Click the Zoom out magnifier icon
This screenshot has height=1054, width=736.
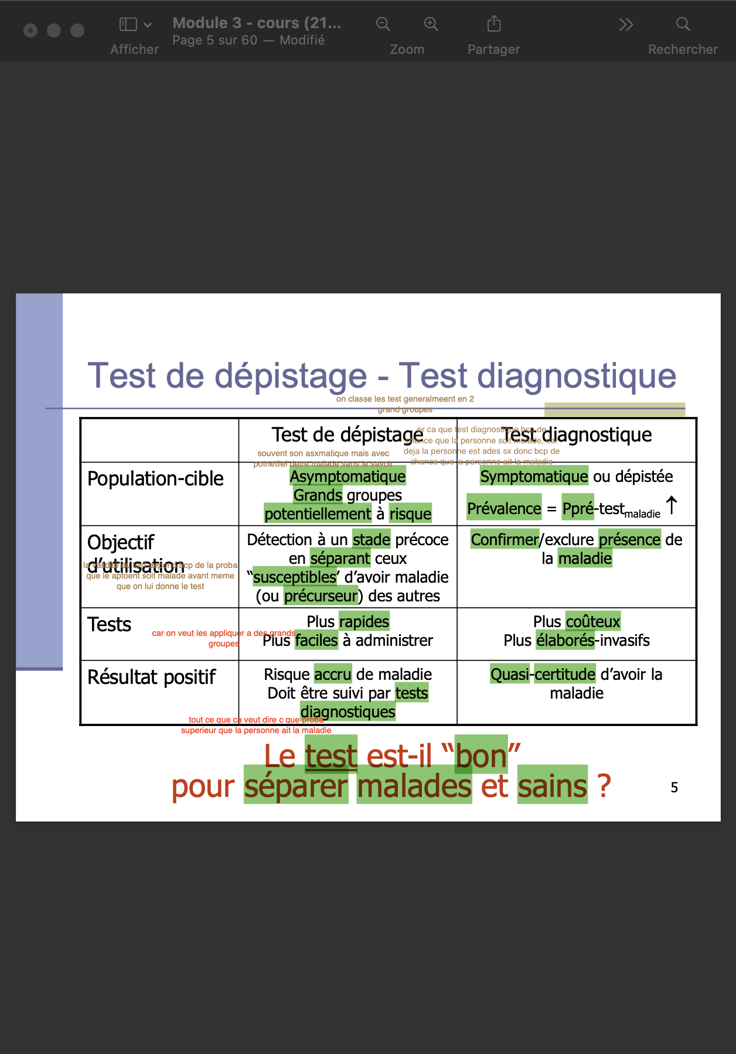pyautogui.click(x=383, y=24)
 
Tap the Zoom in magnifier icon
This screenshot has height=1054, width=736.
pyautogui.click(x=431, y=24)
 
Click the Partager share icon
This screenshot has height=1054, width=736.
pyautogui.click(x=494, y=24)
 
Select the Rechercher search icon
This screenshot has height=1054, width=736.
pyautogui.click(x=683, y=24)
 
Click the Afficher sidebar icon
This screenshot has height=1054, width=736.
pyautogui.click(x=128, y=24)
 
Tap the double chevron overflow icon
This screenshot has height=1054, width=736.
pyautogui.click(x=626, y=25)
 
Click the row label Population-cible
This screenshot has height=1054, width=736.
pyautogui.click(x=155, y=479)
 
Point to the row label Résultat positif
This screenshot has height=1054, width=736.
pyautogui.click(x=151, y=677)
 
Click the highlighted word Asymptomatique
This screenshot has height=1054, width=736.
pyautogui.click(x=347, y=477)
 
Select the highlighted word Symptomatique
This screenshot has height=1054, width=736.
pyautogui.click(x=534, y=477)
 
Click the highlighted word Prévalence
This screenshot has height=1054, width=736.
pyautogui.click(x=504, y=509)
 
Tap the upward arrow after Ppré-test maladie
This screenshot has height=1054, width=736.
pyautogui.click(x=672, y=505)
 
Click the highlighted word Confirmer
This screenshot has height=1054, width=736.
pyautogui.click(x=505, y=540)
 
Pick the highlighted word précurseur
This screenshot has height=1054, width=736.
pyautogui.click(x=321, y=596)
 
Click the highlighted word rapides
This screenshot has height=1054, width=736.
pyautogui.click(x=364, y=622)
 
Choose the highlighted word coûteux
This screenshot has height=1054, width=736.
pyautogui.click(x=593, y=622)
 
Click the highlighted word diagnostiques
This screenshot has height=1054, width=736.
pyautogui.click(x=348, y=712)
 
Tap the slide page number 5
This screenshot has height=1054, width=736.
pyautogui.click(x=674, y=788)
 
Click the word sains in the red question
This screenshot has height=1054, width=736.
pyautogui.click(x=552, y=786)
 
